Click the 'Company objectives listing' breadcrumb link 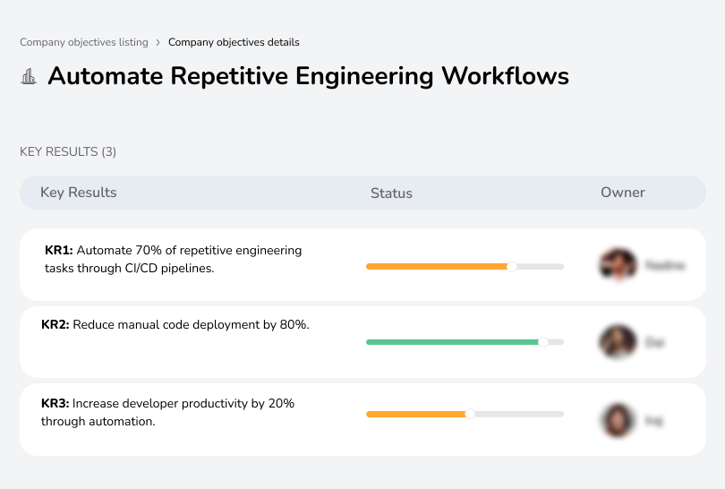[x=84, y=42]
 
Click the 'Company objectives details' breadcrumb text [x=234, y=42]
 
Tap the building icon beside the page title [x=29, y=76]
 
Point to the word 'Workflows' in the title [x=505, y=76]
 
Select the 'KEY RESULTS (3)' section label [x=68, y=152]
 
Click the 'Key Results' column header [x=78, y=193]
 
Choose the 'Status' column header [x=391, y=193]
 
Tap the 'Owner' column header [x=623, y=193]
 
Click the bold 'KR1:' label [x=59, y=251]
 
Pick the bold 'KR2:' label [x=55, y=325]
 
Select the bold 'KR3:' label [x=55, y=404]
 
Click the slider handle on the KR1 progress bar [x=512, y=266]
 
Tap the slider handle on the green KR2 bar [x=542, y=341]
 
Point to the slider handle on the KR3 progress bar [x=470, y=414]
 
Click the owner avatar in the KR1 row [x=618, y=265]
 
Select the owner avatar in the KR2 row [x=618, y=341]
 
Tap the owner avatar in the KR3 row [x=618, y=419]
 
